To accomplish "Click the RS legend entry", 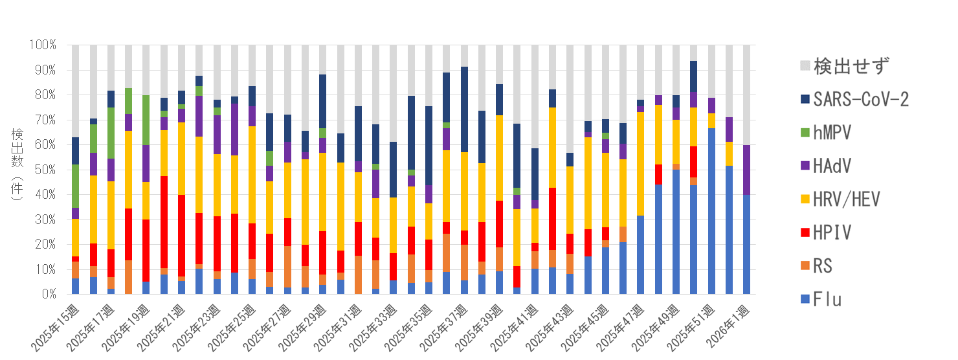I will [823, 266].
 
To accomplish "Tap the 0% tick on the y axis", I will [50, 295].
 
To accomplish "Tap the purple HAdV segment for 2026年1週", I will [747, 170].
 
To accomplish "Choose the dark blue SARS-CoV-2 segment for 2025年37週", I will [464, 109].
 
